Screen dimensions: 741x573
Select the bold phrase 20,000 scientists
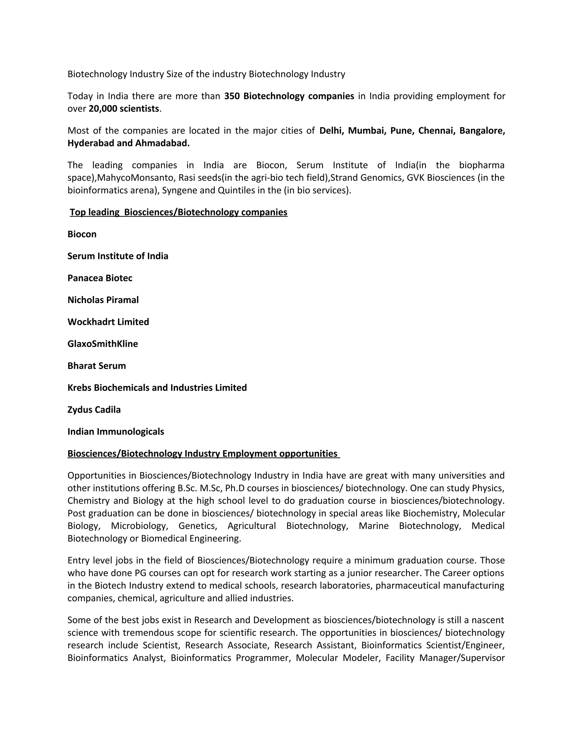(x=124, y=109)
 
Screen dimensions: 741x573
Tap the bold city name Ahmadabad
(x=162, y=143)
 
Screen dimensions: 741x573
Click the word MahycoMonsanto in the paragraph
(x=135, y=178)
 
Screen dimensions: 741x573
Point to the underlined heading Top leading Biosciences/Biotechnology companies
(x=179, y=213)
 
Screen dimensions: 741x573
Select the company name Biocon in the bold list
(x=82, y=234)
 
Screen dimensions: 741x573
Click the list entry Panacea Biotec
(x=100, y=278)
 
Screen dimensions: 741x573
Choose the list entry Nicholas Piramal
(x=103, y=300)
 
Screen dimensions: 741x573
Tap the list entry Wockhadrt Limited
(x=108, y=322)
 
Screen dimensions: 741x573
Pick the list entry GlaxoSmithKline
(x=102, y=344)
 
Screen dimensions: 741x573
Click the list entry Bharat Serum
(x=97, y=366)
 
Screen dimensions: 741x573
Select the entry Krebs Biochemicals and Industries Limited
(x=157, y=388)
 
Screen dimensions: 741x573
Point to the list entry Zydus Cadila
(x=94, y=410)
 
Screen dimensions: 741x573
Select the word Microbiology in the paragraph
(x=139, y=526)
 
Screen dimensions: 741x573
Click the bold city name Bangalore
(x=482, y=131)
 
